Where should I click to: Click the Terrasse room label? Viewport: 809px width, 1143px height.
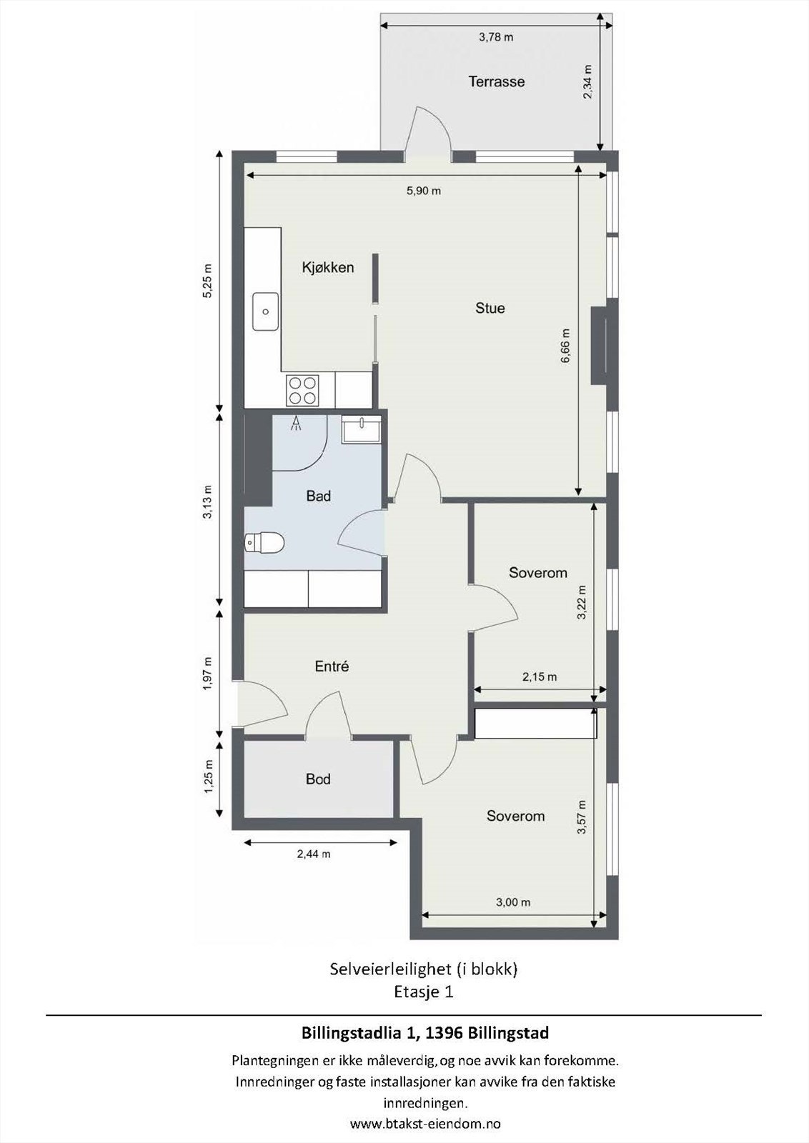coord(497,81)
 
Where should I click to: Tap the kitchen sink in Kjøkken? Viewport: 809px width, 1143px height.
coord(266,311)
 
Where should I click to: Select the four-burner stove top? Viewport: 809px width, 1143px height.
coord(302,391)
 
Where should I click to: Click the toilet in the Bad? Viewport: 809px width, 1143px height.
coord(265,543)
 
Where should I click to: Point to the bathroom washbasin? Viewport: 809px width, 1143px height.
coord(362,429)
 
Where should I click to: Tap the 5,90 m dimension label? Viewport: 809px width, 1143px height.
coord(424,191)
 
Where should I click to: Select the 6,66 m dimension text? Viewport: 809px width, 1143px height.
coord(565,346)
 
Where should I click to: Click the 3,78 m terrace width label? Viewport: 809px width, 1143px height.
coord(496,36)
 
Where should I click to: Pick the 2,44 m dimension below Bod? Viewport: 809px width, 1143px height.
coord(313,854)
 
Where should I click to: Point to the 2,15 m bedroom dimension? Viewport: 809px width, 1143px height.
coord(540,677)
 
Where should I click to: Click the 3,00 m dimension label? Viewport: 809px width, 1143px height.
coord(513,902)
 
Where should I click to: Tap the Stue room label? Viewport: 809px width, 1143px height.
coord(490,308)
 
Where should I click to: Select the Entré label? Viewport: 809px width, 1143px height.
coord(332,667)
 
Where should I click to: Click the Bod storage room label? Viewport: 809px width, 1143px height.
coord(318,779)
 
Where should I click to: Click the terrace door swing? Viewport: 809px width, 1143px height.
coord(429,132)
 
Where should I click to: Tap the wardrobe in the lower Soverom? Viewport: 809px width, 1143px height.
coord(535,723)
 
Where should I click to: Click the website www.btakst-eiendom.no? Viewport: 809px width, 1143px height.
coord(425,1124)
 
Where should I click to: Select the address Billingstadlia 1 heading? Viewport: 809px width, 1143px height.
coord(425,1033)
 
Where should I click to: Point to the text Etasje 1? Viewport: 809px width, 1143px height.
coord(424,992)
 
